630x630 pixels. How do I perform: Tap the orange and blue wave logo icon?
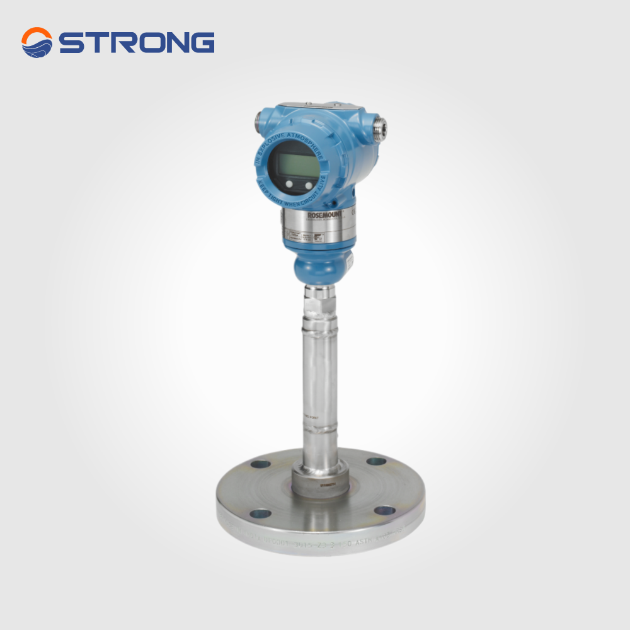tap(37, 42)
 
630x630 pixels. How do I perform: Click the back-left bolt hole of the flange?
tap(260, 465)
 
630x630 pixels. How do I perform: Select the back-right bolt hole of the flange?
tap(375, 461)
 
